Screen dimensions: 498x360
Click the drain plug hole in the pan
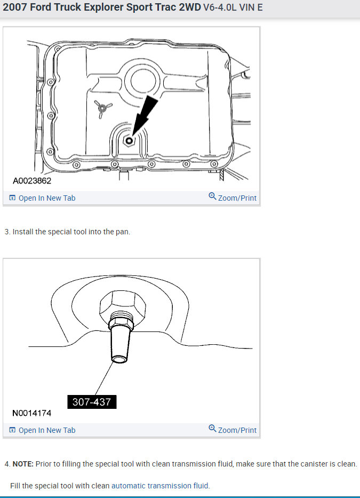[128, 140]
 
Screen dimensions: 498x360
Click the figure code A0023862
[32, 181]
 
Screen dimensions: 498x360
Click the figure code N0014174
[32, 413]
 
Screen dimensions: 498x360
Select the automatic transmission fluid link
[160, 486]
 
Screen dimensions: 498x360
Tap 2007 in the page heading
[15, 8]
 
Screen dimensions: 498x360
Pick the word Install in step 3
[23, 232]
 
